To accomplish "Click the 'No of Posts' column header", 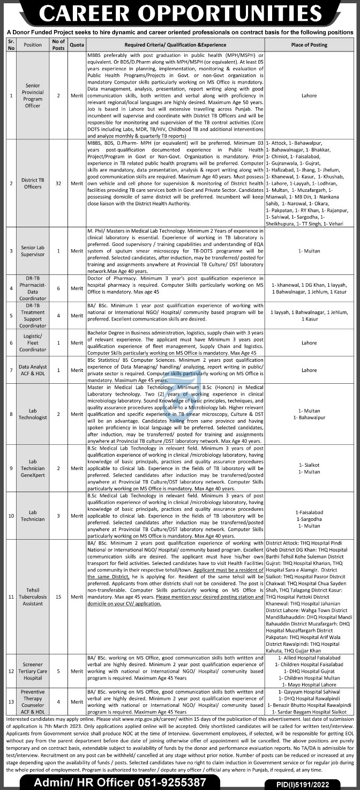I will (x=58, y=44).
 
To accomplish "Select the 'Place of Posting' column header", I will (x=309, y=45).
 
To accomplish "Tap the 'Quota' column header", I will (x=77, y=45).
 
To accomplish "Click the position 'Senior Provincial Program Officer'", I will (x=33, y=95).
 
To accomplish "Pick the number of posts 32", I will (x=58, y=183).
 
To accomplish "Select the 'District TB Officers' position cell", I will (x=33, y=183).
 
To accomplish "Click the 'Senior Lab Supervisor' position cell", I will (x=33, y=250).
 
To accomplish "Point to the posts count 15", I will (x=58, y=595).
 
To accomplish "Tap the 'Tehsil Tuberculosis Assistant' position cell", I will (x=33, y=595).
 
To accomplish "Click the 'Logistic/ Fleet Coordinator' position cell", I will (x=33, y=342).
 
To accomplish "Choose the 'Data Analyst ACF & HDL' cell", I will (x=33, y=370).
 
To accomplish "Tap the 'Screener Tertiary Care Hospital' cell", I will (x=33, y=670).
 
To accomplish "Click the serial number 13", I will (x=11, y=699).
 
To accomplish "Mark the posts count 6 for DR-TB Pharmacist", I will (x=58, y=287).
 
